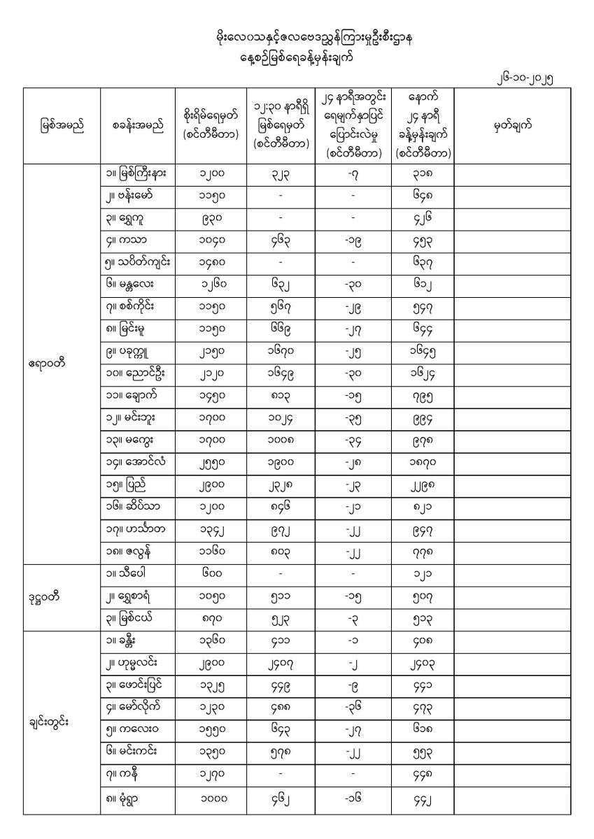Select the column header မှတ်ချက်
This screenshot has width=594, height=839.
click(x=511, y=126)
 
